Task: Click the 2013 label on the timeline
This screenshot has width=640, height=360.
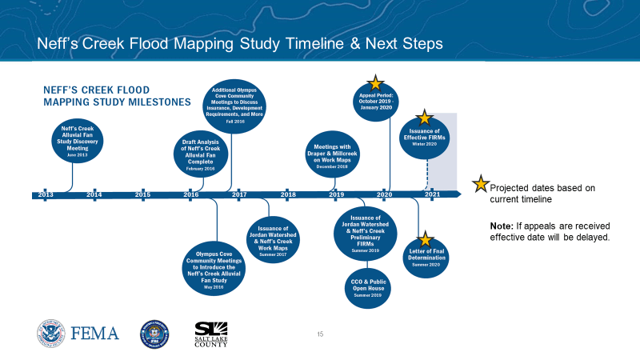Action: (46, 194)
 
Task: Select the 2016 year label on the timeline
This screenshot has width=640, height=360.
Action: (191, 194)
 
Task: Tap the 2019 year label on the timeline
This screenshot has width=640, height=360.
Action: (337, 194)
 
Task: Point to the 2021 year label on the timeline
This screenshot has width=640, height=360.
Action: (432, 194)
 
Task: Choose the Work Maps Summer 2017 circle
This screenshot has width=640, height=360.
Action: (273, 238)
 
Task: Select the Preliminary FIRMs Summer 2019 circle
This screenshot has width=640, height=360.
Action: (366, 233)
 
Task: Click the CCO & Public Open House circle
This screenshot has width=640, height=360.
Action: (367, 287)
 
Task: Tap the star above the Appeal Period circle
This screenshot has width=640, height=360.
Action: (375, 82)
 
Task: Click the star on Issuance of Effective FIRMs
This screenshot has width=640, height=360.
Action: (425, 118)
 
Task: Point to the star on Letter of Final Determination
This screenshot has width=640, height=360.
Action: (425, 239)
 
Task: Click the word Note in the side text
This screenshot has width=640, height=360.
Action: (502, 226)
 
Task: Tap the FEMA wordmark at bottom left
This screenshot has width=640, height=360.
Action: (95, 333)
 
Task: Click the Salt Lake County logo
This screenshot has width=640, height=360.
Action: (211, 334)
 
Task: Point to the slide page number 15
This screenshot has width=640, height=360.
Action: (320, 333)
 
